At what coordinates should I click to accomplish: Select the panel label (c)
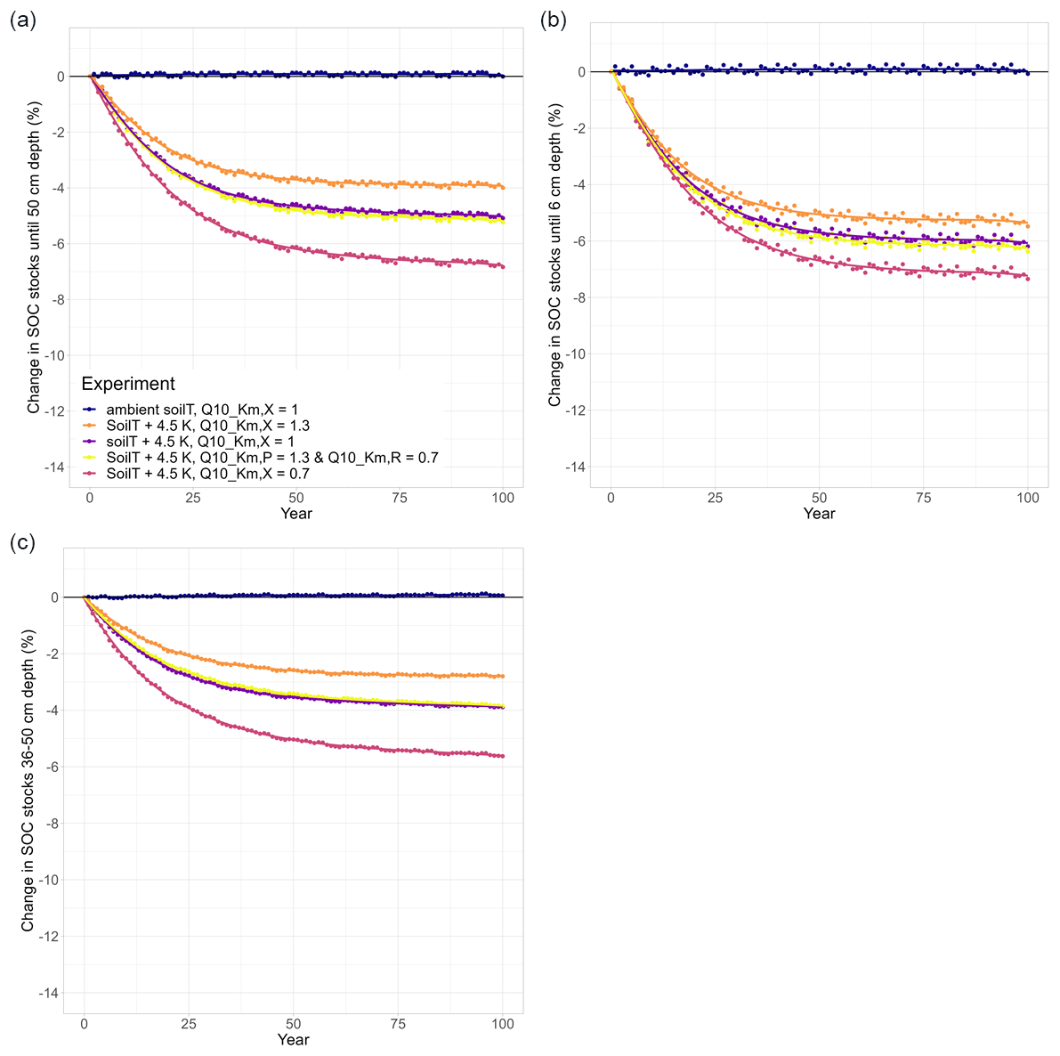coord(22,542)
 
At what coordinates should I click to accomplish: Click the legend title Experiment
coord(128,384)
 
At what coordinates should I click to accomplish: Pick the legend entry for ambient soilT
coord(202,410)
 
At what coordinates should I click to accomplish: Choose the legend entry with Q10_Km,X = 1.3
coord(207,426)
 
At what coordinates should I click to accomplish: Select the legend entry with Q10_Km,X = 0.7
coord(207,474)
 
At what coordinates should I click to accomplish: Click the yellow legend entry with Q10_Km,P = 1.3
coord(271,458)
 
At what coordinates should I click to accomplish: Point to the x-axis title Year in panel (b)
coord(819,514)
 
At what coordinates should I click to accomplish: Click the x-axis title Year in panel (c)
coord(293,1039)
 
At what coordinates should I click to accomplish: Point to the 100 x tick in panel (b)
coord(1028,499)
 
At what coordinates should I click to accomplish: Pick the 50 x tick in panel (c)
coord(293,1024)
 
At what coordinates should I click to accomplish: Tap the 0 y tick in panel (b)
coord(580,72)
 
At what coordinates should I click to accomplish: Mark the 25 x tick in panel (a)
coord(193,499)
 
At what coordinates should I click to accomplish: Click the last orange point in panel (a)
coord(503,187)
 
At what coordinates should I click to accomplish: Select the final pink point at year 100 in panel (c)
coord(503,756)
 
